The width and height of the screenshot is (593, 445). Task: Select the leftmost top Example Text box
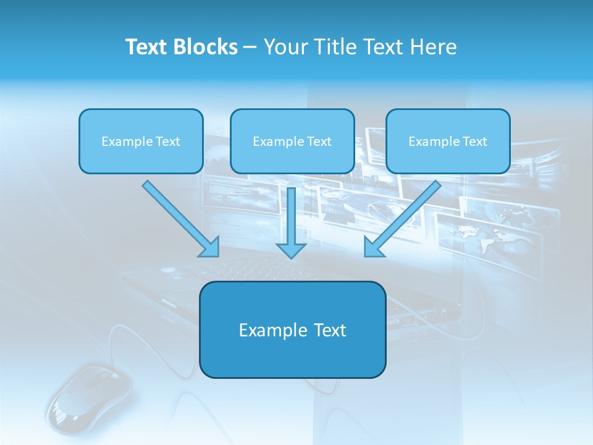141,141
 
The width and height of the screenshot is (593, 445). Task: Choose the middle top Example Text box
292,141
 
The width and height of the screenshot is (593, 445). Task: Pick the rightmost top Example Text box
448,141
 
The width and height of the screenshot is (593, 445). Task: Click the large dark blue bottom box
292,329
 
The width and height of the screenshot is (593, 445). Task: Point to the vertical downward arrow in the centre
291,216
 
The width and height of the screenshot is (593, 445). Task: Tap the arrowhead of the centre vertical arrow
291,249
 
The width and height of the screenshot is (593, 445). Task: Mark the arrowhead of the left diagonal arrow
211,248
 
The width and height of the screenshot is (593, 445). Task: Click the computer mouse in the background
90,396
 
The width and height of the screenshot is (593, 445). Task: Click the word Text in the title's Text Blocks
146,47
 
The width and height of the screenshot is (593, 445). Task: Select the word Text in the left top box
167,141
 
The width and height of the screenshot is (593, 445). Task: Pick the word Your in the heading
283,47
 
